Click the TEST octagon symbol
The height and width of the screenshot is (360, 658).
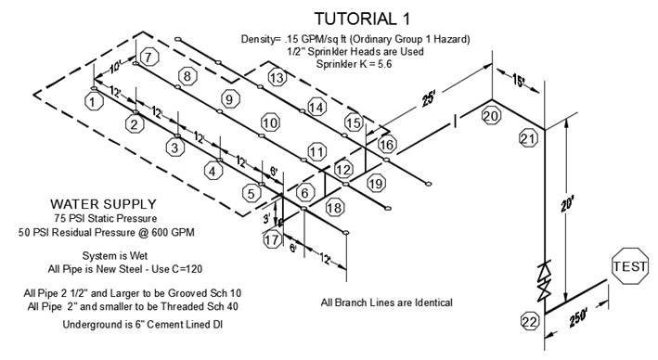(x=630, y=266)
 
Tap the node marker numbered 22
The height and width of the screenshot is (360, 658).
(x=530, y=322)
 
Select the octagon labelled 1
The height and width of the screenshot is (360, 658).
(x=94, y=101)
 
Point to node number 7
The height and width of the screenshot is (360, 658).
(x=149, y=57)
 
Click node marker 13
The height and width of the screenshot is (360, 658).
(x=277, y=78)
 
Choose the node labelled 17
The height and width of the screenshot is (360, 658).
(x=272, y=239)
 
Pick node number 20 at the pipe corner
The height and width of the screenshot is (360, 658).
(x=491, y=116)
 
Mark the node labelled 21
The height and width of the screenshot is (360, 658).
(x=528, y=138)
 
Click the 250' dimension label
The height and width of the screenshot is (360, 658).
(x=578, y=318)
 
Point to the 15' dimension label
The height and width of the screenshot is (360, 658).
(x=519, y=81)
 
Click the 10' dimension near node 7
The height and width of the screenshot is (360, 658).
(x=116, y=67)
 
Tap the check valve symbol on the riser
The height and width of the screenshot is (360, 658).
(x=545, y=280)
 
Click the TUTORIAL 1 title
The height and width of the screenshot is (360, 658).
(x=362, y=19)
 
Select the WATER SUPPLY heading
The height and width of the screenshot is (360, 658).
(x=103, y=204)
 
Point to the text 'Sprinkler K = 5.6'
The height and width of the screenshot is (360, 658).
(x=354, y=64)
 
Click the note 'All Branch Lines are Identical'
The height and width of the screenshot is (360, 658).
(x=386, y=302)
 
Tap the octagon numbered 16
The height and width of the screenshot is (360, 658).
(x=386, y=145)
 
